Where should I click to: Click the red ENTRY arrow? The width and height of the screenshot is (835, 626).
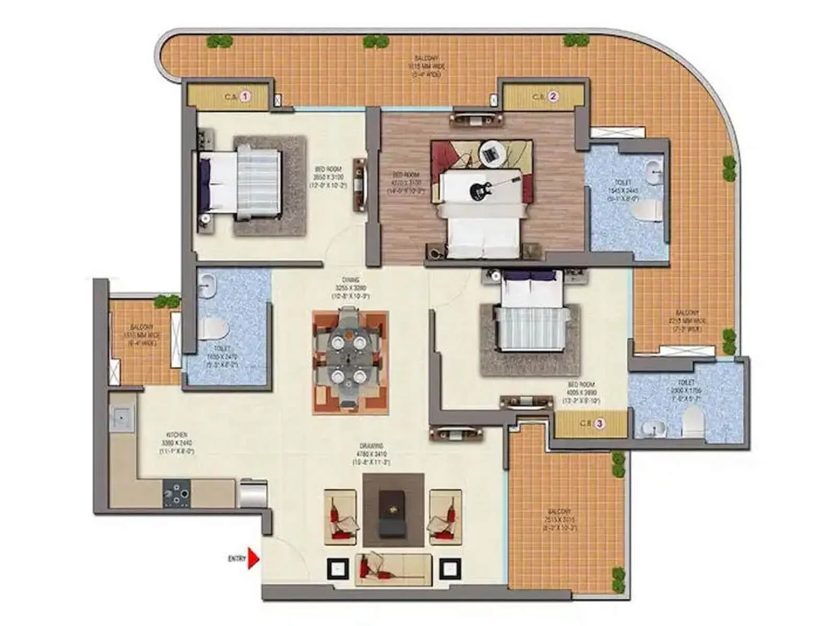click(253, 558)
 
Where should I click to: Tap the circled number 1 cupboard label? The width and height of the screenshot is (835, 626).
click(246, 97)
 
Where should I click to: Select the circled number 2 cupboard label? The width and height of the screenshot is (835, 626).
click(553, 97)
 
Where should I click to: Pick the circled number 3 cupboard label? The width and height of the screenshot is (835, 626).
click(600, 423)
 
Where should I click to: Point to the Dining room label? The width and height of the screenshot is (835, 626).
click(351, 288)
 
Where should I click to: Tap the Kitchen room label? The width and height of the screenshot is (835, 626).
click(176, 442)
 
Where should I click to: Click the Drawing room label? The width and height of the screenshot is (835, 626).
click(371, 454)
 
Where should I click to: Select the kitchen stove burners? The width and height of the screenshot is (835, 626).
click(177, 493)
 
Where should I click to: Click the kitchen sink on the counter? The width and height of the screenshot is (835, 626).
click(122, 418)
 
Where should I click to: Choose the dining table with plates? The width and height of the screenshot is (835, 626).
click(349, 359)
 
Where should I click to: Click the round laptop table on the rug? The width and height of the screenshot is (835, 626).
click(491, 154)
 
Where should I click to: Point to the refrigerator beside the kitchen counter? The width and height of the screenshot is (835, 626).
click(254, 492)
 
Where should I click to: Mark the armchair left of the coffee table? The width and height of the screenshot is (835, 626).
click(340, 517)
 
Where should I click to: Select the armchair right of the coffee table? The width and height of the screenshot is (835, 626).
click(445, 517)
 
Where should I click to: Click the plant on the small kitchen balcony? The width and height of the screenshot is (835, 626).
click(167, 300)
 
